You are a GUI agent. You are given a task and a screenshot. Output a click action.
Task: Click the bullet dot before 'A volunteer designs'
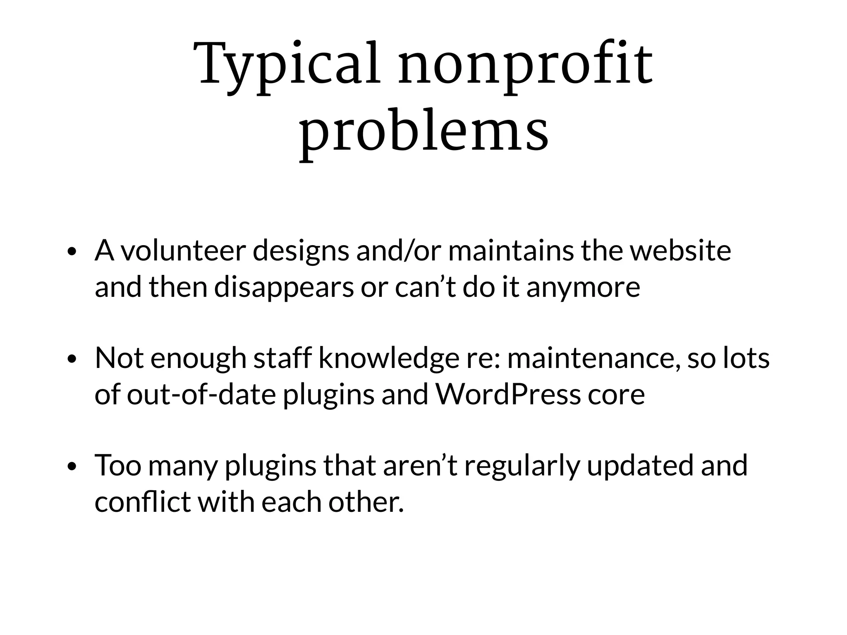pyautogui.click(x=72, y=252)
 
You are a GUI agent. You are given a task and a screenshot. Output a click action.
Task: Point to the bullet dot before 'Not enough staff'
pyautogui.click(x=72, y=359)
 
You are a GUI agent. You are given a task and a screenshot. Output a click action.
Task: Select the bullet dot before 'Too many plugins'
pyautogui.click(x=72, y=466)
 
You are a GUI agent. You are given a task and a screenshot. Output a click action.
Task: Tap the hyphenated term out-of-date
pyautogui.click(x=201, y=394)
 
